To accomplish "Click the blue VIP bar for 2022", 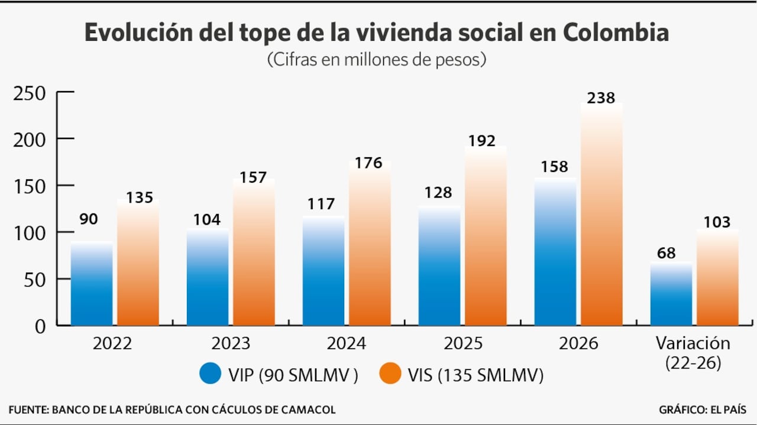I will [92, 284].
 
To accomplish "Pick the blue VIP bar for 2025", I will [439, 265].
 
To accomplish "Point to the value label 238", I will [601, 98].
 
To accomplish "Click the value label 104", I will [207, 220].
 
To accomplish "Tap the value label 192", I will [481, 142].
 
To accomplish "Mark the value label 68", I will [667, 253].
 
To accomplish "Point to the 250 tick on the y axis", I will [30, 93].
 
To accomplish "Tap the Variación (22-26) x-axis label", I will [693, 353].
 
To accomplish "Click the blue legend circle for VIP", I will [209, 374].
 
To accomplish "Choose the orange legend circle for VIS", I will [390, 374].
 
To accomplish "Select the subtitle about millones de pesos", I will [377, 60].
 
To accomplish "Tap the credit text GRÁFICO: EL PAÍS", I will [702, 410].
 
